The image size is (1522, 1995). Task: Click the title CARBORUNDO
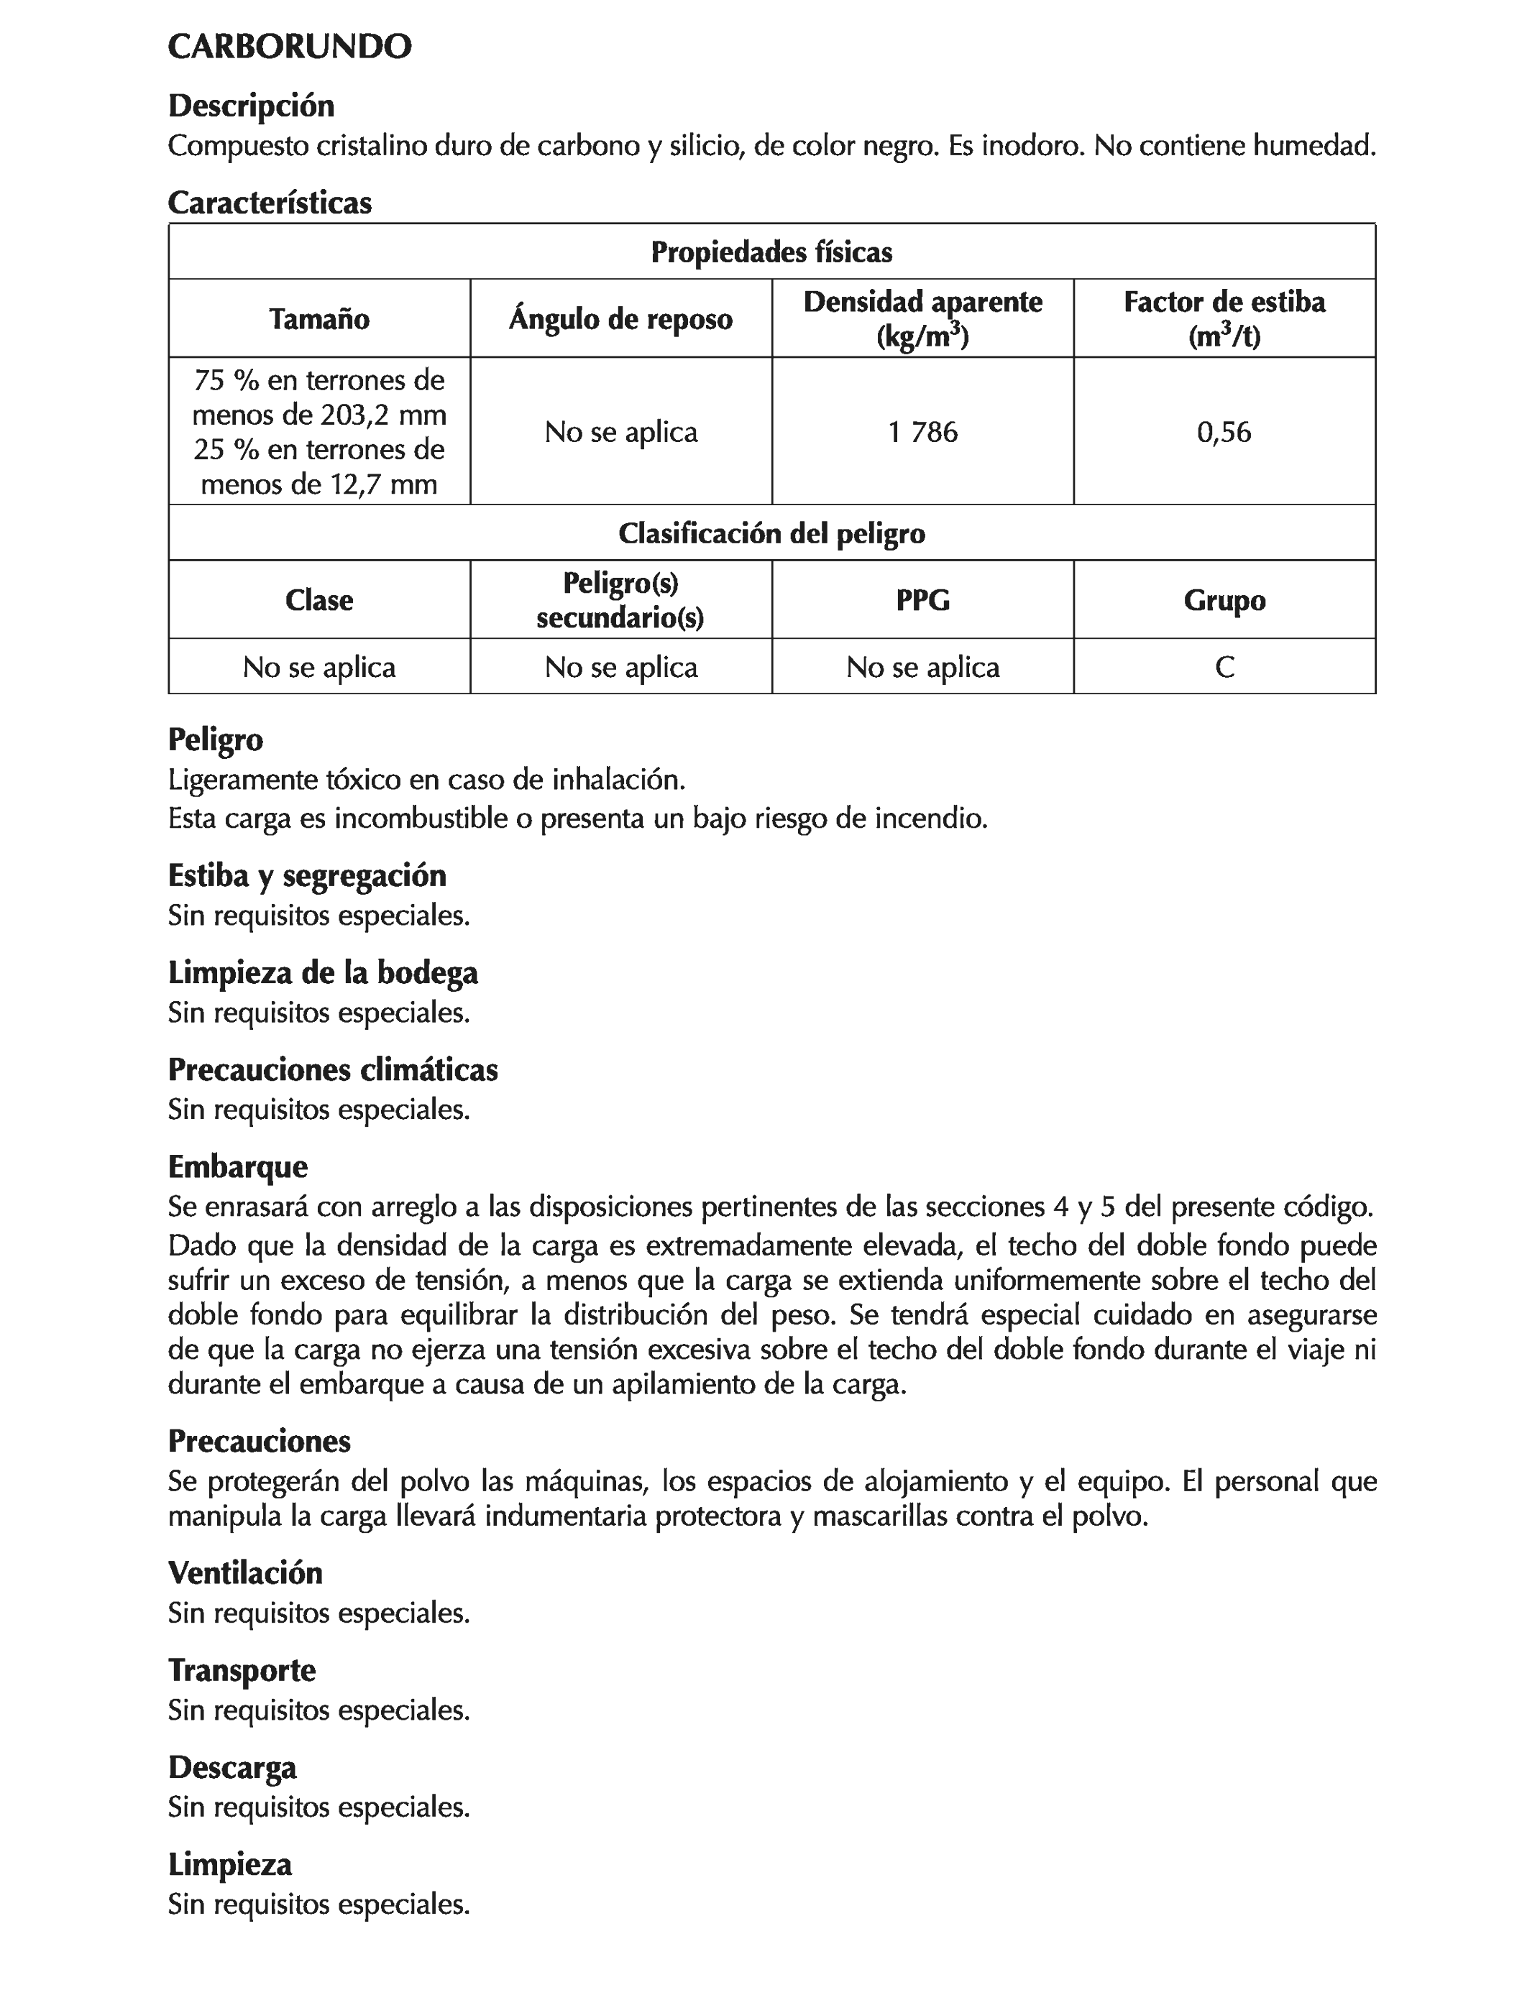290,47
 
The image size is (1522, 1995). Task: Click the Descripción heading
251,106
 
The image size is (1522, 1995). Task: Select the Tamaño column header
319,319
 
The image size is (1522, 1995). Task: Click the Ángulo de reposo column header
620,319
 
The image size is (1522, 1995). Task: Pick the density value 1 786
922,432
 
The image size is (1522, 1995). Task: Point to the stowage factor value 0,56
1224,432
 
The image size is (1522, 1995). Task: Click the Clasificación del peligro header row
771,533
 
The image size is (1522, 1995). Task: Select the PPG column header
922,599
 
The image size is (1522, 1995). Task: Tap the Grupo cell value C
1224,668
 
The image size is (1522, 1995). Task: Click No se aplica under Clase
319,668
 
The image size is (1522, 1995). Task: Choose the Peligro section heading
216,740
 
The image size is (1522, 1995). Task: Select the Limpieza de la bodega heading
323,972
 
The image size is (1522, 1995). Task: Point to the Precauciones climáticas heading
332,1069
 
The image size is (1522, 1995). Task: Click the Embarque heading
237,1166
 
